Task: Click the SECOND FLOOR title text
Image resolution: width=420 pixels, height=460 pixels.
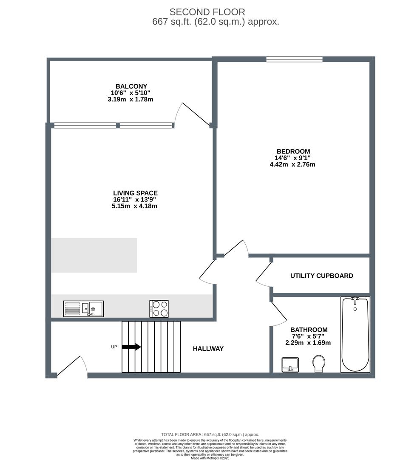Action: click(207, 12)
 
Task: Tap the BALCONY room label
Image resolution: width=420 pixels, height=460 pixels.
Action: click(131, 86)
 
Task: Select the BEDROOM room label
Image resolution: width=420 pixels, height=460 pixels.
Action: click(293, 151)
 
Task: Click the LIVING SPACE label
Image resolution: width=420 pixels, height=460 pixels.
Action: click(135, 193)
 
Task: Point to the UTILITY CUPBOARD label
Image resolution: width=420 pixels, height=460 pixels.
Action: click(321, 276)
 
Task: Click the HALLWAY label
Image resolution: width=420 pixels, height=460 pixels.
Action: click(208, 348)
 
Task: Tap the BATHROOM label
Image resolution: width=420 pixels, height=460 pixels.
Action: click(309, 330)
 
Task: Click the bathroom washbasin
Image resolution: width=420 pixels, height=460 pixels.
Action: click(290, 365)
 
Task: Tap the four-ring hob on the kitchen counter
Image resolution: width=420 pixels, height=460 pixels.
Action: click(159, 309)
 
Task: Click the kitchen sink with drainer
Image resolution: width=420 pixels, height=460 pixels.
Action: click(83, 308)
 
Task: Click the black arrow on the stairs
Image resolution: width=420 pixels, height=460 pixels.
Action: click(131, 347)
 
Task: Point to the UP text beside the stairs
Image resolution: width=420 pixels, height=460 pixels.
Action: click(114, 347)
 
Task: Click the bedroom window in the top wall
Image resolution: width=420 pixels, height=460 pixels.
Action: click(294, 59)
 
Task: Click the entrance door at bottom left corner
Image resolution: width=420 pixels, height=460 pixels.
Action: click(72, 367)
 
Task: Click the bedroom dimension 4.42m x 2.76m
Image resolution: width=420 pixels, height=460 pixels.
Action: click(292, 164)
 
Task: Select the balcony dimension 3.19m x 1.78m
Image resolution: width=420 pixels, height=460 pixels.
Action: click(131, 99)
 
